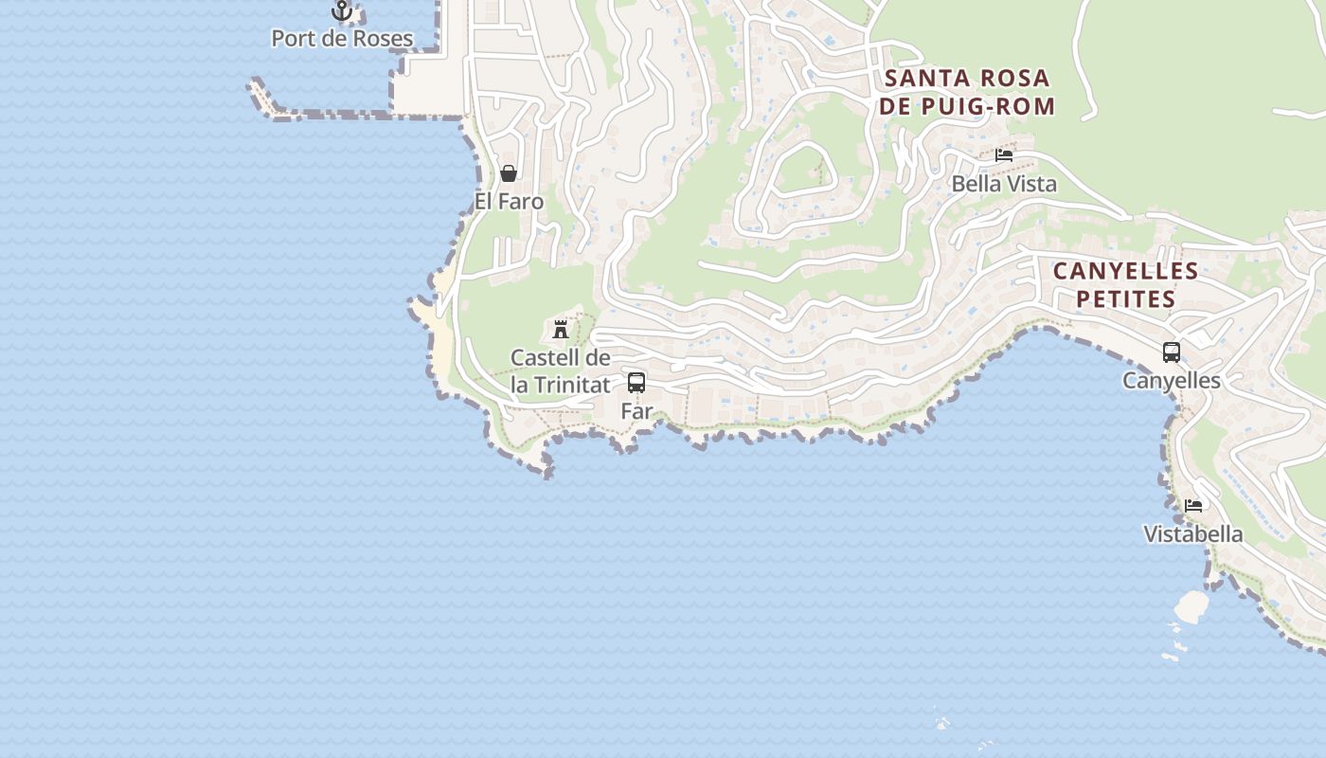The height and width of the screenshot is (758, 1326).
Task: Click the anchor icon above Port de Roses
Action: [x=342, y=10]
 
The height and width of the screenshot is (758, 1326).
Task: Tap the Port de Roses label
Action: [x=342, y=39]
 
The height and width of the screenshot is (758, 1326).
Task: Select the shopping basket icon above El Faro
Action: [x=509, y=173]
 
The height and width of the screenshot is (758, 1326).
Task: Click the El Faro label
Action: [x=510, y=202]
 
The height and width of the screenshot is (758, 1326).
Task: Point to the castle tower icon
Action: [x=561, y=330]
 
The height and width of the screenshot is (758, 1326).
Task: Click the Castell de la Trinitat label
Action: [x=561, y=371]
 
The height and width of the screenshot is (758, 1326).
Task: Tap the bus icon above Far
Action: [x=636, y=383]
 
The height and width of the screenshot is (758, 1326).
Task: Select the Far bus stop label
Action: [x=636, y=411]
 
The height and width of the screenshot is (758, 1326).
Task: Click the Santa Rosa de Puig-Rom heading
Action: [x=967, y=92]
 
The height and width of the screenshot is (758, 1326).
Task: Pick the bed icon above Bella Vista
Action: [x=1004, y=154]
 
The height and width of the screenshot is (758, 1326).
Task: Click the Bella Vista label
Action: [x=1004, y=184]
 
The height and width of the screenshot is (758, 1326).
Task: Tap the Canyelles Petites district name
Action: [x=1126, y=285]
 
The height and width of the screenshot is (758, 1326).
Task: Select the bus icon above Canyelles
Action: [x=1172, y=352]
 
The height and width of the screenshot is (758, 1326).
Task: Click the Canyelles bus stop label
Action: [x=1172, y=381]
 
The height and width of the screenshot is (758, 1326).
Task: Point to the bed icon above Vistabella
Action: [x=1193, y=506]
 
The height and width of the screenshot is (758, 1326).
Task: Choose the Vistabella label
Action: [x=1193, y=534]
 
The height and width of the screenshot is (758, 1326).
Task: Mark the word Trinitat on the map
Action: [x=572, y=385]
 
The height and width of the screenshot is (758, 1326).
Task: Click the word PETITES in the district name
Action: [x=1126, y=299]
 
